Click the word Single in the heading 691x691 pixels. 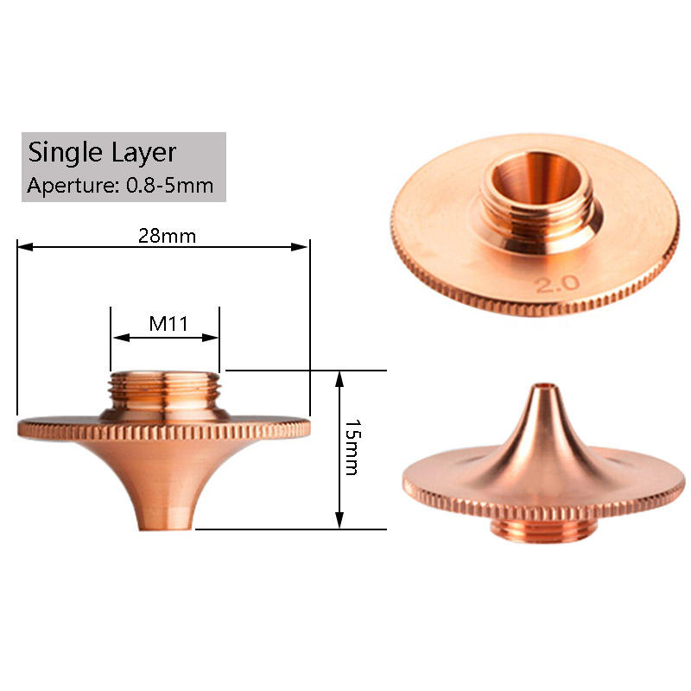pyautogui.click(x=66, y=154)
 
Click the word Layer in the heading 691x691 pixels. pyautogui.click(x=143, y=154)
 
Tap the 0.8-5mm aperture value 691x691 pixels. pyautogui.click(x=169, y=185)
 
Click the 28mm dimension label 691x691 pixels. pyautogui.click(x=167, y=236)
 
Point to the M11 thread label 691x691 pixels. pyautogui.click(x=168, y=324)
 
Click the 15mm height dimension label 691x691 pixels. pyautogui.click(x=352, y=447)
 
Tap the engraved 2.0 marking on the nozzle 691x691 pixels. pyautogui.click(x=557, y=283)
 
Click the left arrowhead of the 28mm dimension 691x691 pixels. pyautogui.click(x=26, y=247)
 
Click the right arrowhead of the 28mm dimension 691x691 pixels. pyautogui.click(x=300, y=247)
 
